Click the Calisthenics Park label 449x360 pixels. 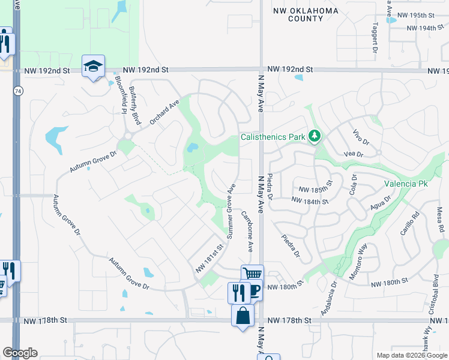coord(273,137)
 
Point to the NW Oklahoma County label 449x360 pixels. coord(306,14)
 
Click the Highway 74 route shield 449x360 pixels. coord(19,90)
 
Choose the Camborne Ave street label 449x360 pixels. coord(247,232)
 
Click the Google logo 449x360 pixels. coord(20,353)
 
